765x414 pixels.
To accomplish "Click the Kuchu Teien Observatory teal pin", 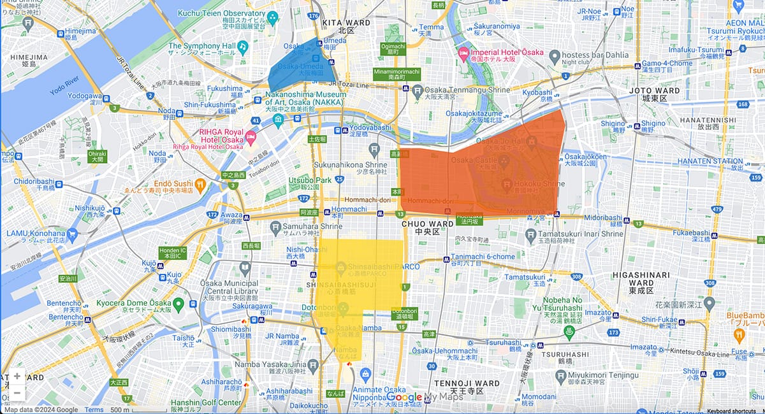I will click(x=273, y=17).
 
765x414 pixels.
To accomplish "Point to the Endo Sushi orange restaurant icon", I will click(x=200, y=185).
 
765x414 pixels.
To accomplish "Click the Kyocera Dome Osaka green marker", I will click(x=178, y=304).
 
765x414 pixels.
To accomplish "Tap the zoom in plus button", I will click(x=17, y=376).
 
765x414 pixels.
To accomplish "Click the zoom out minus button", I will click(x=17, y=393).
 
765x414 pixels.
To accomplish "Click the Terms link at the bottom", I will click(x=94, y=410).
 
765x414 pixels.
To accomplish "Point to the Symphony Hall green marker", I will click(x=242, y=46).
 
